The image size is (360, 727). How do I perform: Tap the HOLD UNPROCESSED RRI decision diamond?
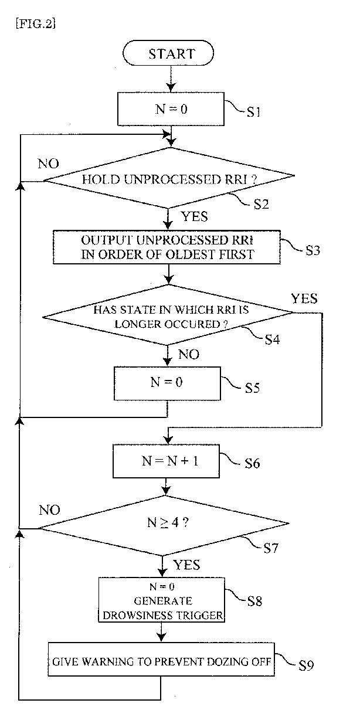click(x=169, y=178)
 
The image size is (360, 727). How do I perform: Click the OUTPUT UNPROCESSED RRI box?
click(x=169, y=247)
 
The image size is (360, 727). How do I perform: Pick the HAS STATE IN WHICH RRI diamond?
click(x=168, y=316)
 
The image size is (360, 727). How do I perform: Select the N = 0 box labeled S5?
click(x=168, y=383)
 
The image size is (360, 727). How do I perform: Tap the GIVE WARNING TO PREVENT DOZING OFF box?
click(x=161, y=662)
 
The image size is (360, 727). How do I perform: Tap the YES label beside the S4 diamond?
click(x=304, y=300)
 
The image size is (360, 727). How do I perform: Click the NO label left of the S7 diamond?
click(x=49, y=510)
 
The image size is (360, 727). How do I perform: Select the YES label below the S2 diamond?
click(x=195, y=217)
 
